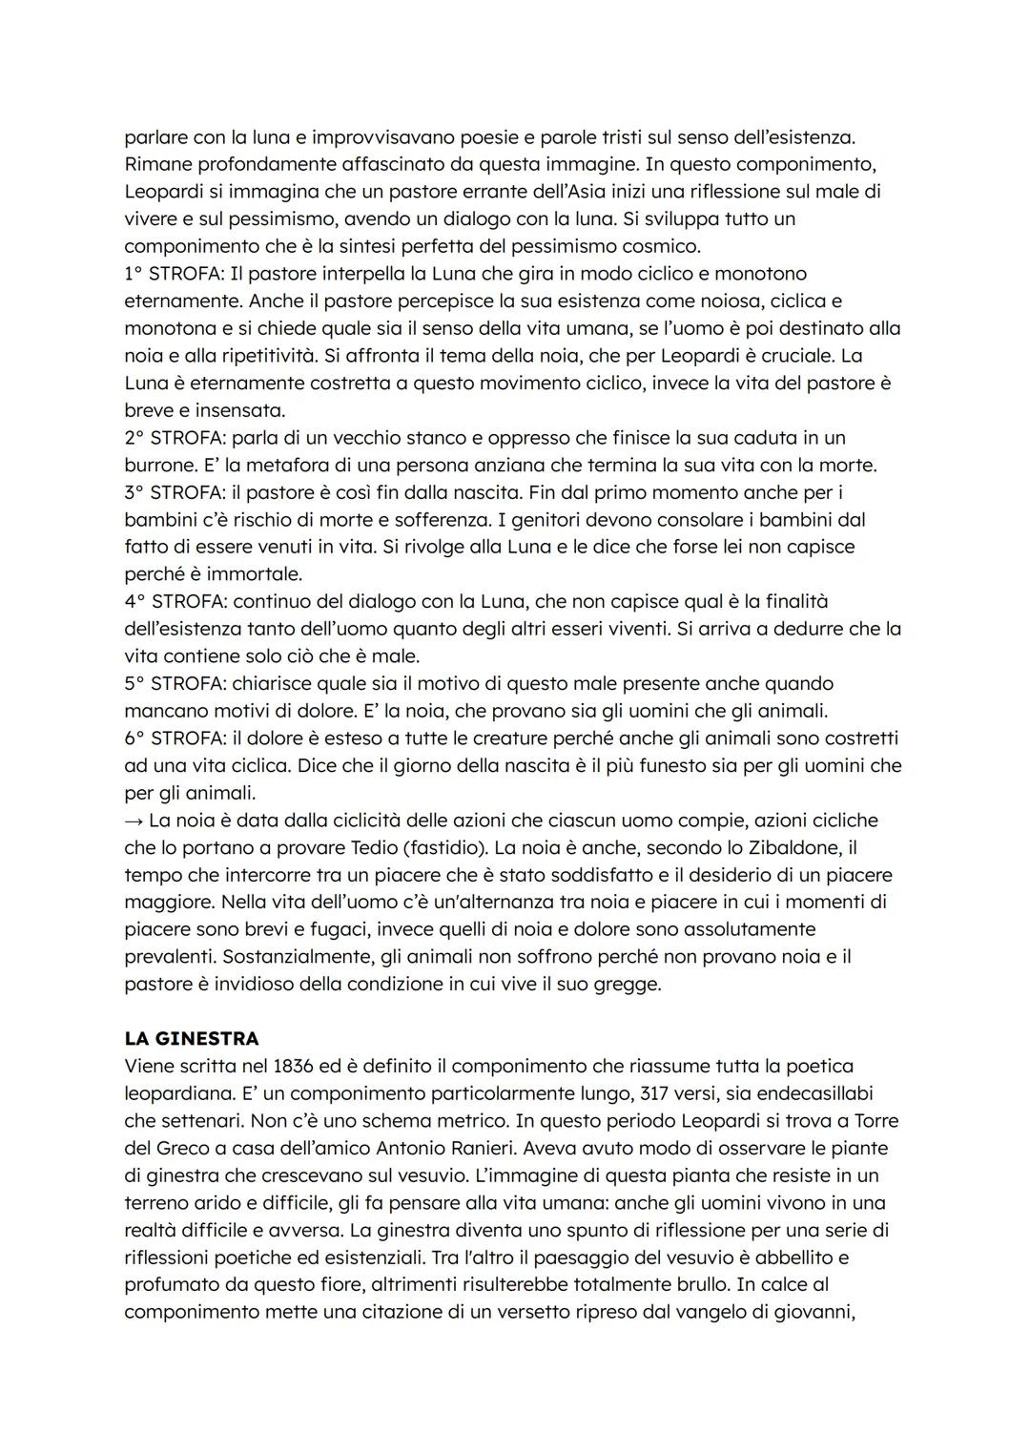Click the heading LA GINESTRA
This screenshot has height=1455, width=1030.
coord(192,1038)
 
